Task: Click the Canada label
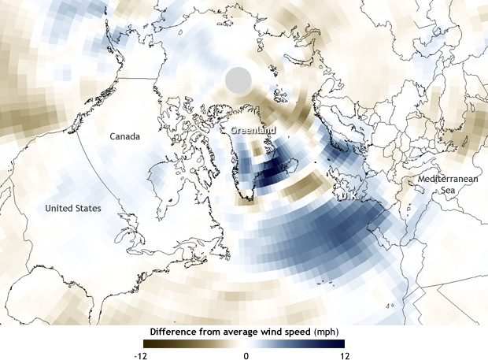coord(124,137)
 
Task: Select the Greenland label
coord(253,131)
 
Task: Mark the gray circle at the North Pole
coord(238,80)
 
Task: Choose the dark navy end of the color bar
coord(342,344)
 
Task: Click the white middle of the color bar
coord(245,344)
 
